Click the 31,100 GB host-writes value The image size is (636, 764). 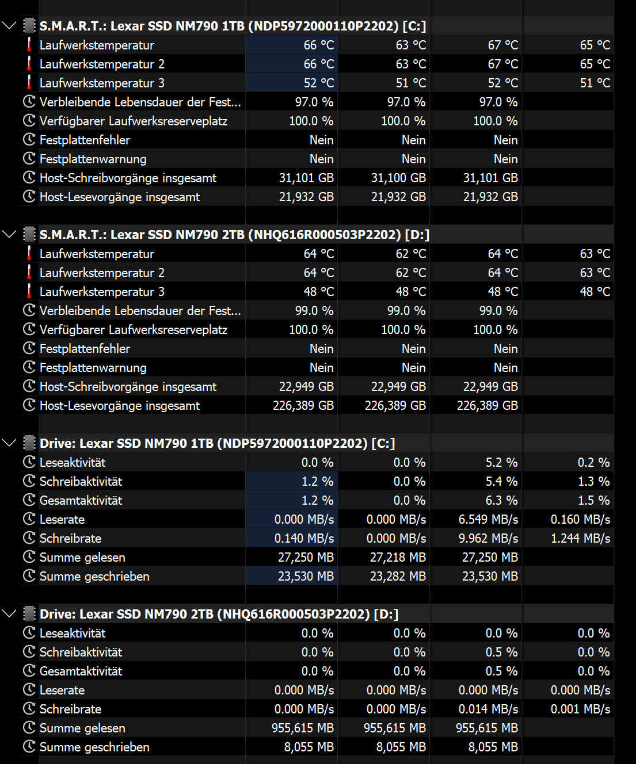point(398,178)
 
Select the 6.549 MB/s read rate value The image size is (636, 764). point(488,520)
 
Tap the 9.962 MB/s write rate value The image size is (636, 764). point(488,539)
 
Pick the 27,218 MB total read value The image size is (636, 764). point(398,558)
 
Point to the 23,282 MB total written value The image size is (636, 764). point(398,577)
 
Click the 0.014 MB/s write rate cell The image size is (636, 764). point(488,709)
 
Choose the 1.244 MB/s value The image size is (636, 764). point(580,539)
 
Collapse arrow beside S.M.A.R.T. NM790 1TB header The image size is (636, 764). point(9,26)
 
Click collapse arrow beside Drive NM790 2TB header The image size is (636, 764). point(9,614)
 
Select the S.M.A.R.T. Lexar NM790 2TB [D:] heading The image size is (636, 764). point(234,235)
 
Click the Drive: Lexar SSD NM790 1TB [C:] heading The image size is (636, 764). point(217,443)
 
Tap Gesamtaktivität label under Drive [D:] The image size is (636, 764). point(81,671)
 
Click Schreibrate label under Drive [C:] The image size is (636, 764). point(70,539)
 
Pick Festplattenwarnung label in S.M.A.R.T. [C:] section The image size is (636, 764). point(93,159)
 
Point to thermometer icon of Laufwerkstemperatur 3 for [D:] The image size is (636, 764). point(29,291)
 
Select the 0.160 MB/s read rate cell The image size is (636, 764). point(580,520)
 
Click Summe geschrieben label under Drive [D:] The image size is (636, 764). point(94,747)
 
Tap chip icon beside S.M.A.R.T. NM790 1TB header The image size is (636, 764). point(29,26)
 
